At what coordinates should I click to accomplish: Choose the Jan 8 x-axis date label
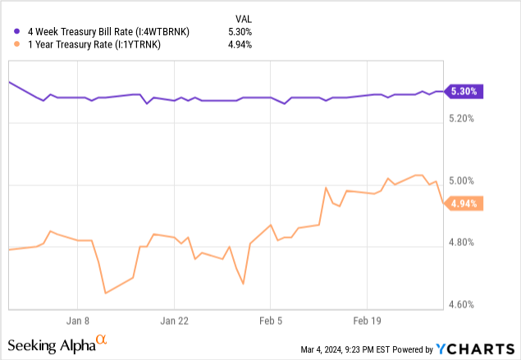(80, 321)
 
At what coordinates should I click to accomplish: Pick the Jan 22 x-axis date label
(175, 321)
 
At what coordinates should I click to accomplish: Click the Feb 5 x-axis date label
(271, 321)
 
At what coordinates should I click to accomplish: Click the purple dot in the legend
(18, 31)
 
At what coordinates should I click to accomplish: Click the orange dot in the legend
(18, 44)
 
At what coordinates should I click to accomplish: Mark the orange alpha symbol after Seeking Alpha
(102, 338)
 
